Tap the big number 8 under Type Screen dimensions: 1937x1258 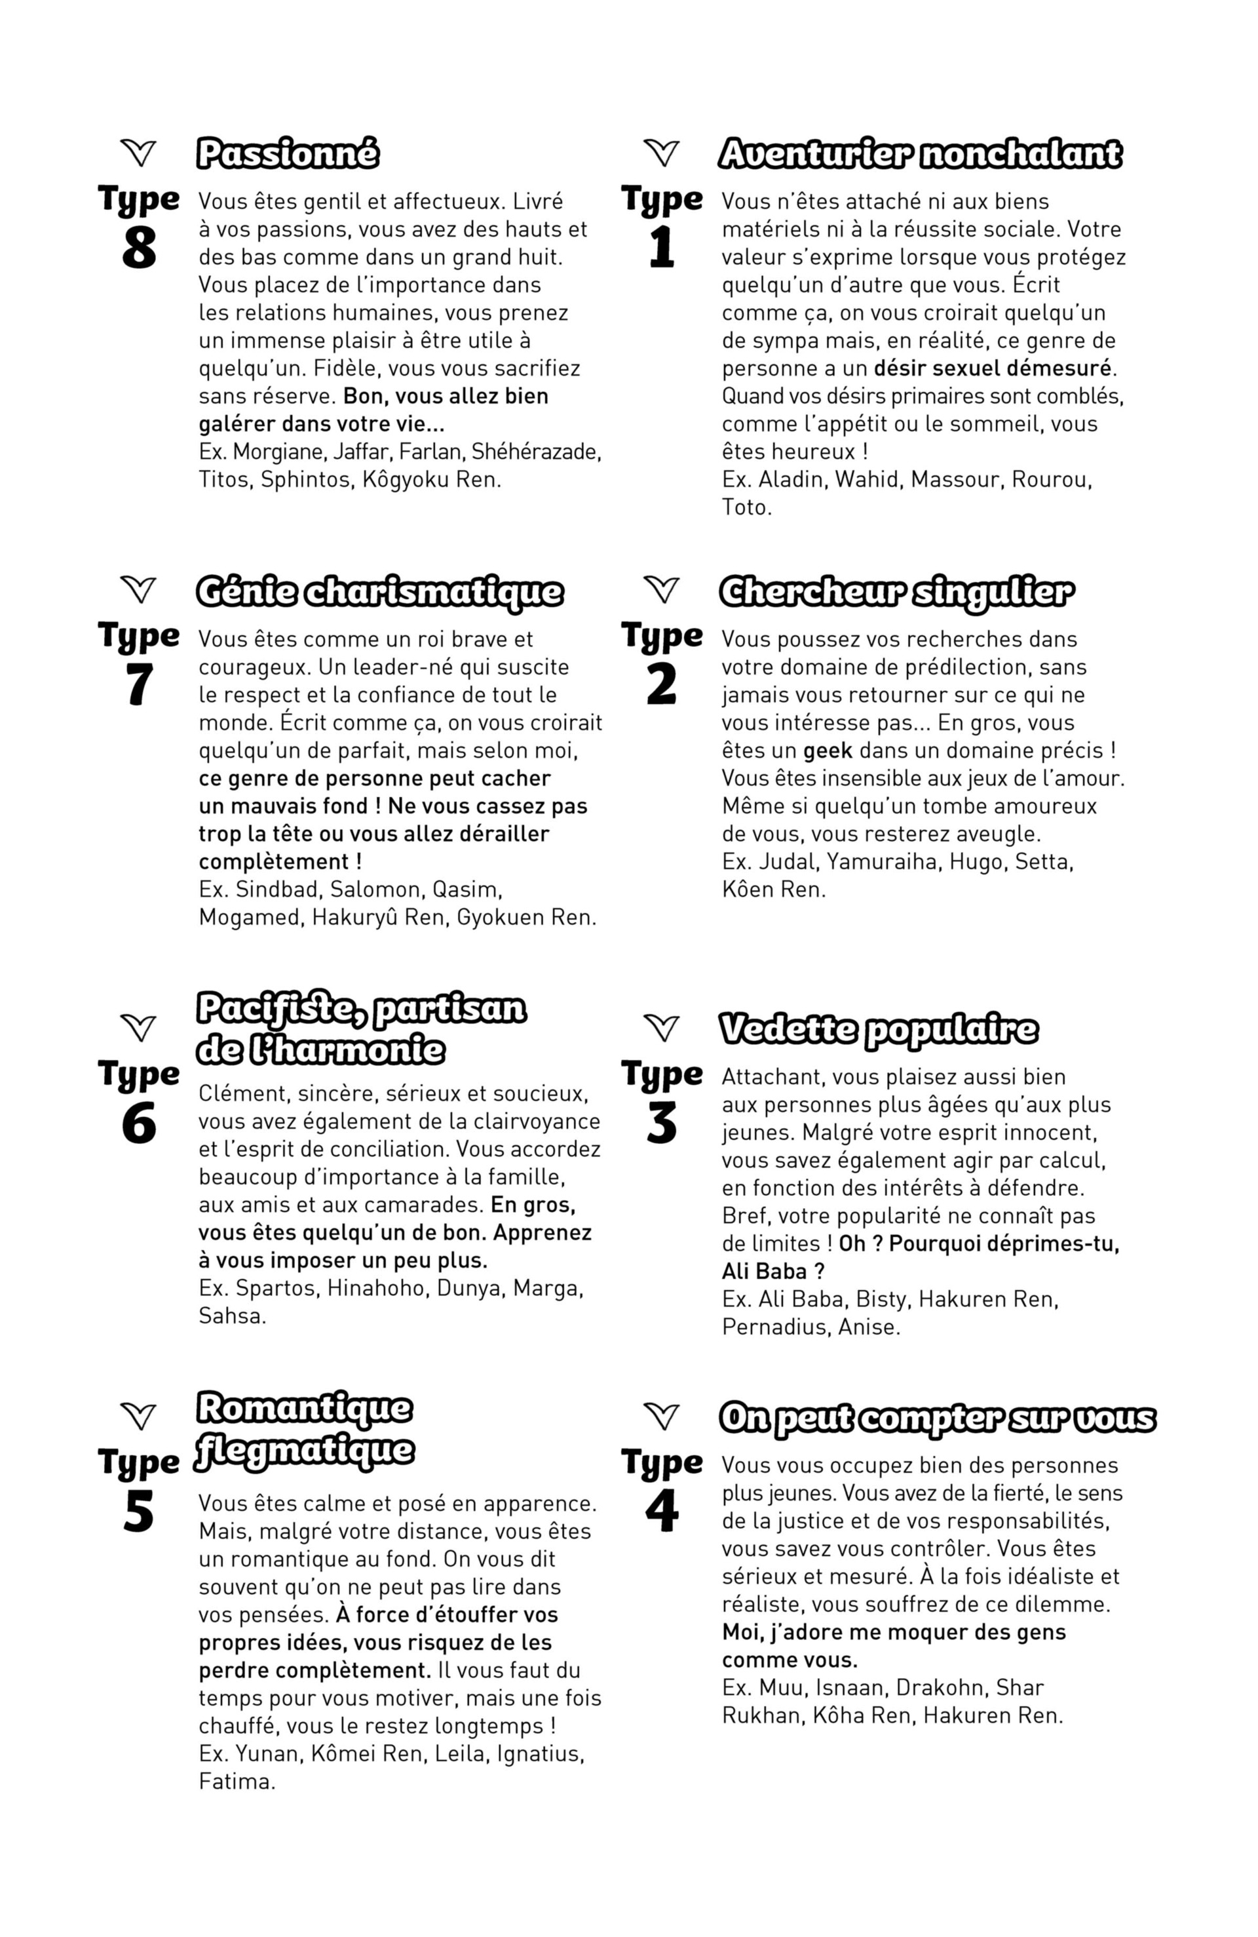point(138,248)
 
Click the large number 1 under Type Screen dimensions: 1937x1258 point(662,248)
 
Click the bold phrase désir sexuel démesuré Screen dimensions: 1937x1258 point(992,368)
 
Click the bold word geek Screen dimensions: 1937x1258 point(828,751)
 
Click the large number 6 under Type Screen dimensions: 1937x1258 point(138,1124)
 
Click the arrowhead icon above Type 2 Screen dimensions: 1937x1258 point(662,589)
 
